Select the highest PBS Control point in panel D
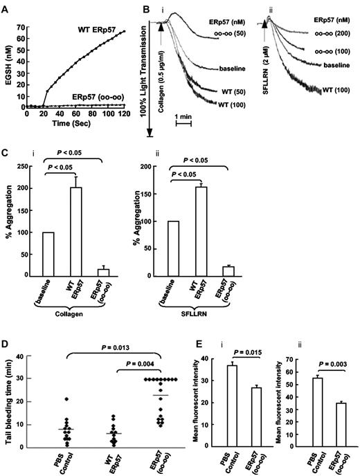point(66,400)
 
